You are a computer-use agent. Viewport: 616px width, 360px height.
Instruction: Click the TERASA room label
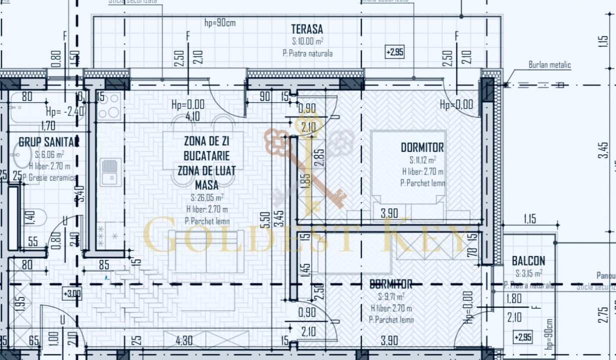(307, 29)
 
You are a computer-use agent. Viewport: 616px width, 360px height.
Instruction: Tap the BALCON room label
(528, 261)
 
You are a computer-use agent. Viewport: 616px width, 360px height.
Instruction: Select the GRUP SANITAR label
(49, 142)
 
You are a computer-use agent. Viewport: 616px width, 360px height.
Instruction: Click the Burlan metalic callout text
(549, 65)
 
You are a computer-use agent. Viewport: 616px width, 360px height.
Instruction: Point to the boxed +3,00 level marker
(72, 293)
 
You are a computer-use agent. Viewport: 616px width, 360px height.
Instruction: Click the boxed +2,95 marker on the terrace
(395, 52)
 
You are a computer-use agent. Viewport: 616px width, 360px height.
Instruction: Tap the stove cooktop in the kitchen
(109, 105)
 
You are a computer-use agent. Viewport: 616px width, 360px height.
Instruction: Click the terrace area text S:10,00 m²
(307, 41)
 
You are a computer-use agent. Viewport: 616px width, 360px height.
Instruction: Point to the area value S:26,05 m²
(207, 197)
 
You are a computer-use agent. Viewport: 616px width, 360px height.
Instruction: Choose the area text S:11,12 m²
(422, 160)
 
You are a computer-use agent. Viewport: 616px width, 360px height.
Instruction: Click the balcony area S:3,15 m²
(529, 273)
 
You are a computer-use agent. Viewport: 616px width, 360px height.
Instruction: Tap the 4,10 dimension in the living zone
(193, 116)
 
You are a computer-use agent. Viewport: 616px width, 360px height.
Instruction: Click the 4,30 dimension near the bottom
(184, 341)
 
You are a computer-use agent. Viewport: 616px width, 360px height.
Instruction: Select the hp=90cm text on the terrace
(220, 22)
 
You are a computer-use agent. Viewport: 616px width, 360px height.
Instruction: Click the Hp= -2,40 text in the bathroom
(65, 111)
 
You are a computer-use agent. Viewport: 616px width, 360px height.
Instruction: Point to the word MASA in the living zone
(207, 184)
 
